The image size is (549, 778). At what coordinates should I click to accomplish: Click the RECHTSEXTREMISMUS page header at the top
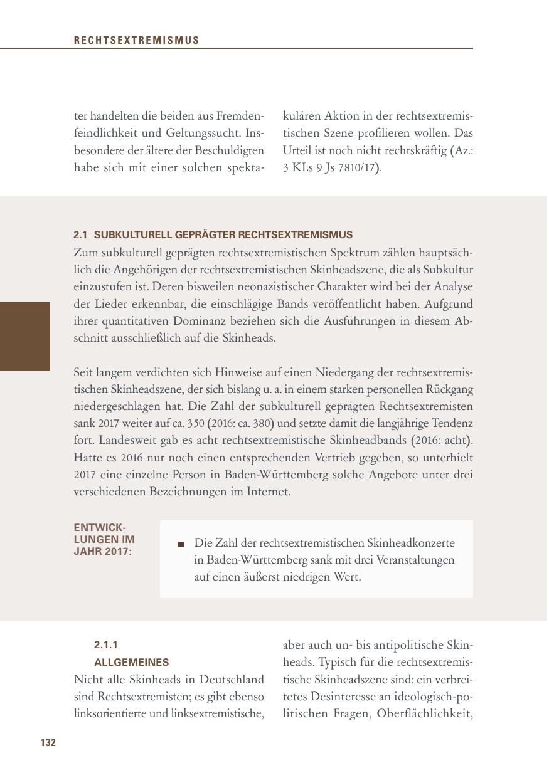(x=136, y=41)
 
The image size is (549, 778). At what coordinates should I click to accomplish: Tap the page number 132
(x=48, y=743)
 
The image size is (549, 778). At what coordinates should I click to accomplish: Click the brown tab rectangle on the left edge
(x=24, y=337)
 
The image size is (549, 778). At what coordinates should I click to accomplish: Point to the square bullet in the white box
(x=181, y=544)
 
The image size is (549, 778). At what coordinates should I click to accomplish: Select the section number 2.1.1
(x=106, y=645)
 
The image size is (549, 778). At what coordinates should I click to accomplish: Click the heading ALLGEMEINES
(x=132, y=662)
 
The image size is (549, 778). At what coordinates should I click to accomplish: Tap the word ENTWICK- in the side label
(x=100, y=527)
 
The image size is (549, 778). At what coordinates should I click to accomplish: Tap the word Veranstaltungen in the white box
(x=415, y=560)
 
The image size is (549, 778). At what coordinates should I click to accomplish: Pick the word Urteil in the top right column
(x=297, y=151)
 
